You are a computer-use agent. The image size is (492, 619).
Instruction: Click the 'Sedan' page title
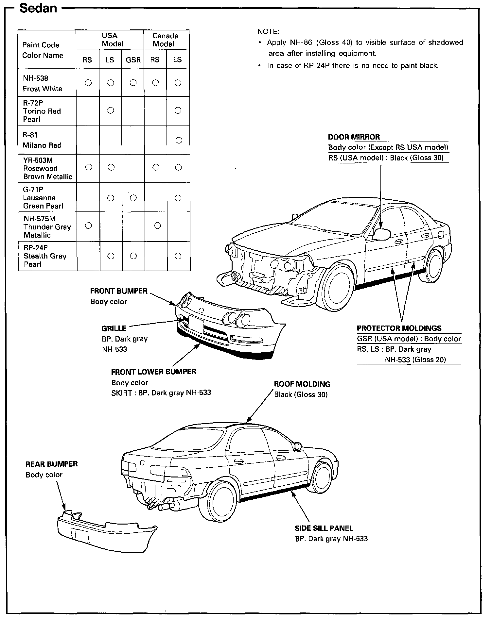point(38,8)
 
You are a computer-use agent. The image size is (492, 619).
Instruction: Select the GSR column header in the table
point(133,60)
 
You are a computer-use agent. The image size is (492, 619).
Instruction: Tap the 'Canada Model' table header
point(166,40)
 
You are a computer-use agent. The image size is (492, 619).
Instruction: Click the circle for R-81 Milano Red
point(179,140)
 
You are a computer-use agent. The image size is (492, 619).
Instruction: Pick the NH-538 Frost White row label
point(42,83)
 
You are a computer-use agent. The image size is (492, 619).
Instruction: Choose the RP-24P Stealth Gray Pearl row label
point(45,256)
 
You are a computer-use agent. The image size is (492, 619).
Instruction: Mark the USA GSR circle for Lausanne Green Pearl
point(133,198)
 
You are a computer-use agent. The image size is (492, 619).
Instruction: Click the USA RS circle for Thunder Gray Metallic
point(88,226)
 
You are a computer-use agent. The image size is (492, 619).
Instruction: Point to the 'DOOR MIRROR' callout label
point(354,137)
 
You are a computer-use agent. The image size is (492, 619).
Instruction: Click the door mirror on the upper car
point(382,233)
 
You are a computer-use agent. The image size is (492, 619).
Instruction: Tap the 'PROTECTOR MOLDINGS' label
point(399,328)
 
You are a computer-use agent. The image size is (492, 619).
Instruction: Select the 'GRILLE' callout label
point(114,328)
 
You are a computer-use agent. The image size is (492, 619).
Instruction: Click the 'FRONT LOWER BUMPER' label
point(153,372)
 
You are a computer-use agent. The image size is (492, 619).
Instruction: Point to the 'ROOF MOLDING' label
point(302,384)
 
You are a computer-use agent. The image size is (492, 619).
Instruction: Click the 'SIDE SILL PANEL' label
point(324,528)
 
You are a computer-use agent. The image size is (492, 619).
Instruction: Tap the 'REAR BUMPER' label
point(52,464)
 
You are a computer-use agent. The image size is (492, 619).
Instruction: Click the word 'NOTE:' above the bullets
point(268,31)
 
